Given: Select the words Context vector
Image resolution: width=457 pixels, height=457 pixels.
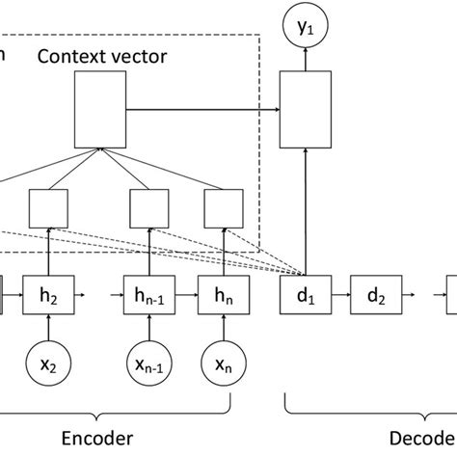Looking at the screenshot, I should (x=102, y=56).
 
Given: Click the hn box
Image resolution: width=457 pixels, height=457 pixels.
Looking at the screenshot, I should (x=222, y=292).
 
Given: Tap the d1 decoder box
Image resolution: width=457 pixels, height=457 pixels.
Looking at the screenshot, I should (x=306, y=292).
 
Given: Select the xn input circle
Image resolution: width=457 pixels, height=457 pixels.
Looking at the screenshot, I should (x=222, y=364).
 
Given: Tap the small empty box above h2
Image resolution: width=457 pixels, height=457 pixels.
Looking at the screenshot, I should (x=49, y=207).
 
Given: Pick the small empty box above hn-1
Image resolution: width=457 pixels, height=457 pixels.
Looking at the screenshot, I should (x=152, y=207).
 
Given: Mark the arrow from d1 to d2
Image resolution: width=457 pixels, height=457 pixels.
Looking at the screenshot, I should (x=339, y=292).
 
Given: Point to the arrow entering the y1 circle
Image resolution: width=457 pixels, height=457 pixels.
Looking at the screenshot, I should (x=306, y=62).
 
